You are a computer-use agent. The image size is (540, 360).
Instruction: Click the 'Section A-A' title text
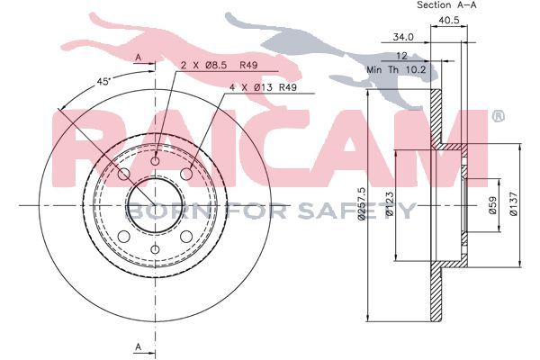coord(446,5)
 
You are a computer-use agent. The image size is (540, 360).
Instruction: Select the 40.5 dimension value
coord(449,21)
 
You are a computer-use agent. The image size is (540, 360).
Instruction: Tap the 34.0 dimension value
coord(403,37)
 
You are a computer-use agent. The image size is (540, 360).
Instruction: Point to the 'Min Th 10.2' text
coord(396,69)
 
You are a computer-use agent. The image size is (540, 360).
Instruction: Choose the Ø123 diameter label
coord(390,203)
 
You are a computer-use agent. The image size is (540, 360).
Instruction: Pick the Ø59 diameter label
coord(493,205)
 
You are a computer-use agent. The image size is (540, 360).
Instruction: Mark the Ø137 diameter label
coord(513,204)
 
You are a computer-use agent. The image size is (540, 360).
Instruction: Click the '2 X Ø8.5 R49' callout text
coord(219,65)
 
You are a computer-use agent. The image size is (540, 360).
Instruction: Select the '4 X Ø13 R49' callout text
coord(263,87)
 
